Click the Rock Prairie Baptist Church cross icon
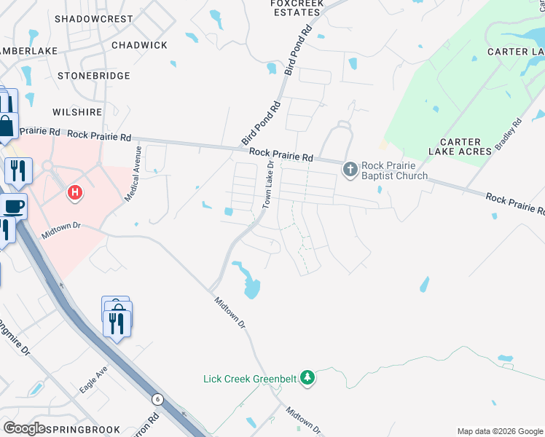350,170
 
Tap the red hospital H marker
74,193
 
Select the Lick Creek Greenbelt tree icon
307,377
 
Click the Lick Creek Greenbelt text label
250,379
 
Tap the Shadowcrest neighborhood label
93,18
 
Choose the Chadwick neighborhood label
139,45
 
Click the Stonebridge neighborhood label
93,76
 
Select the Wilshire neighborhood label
77,112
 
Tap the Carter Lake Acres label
460,146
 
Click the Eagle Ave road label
93,380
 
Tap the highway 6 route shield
157,399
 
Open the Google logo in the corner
24,428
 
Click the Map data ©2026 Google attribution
499,431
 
